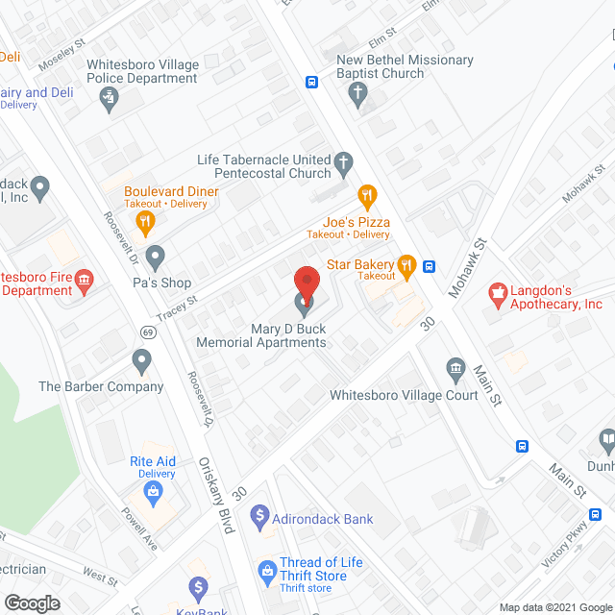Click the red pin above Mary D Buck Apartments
point(306,283)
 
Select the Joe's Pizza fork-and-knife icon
point(366,197)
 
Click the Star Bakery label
point(360,264)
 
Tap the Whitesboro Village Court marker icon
point(455,369)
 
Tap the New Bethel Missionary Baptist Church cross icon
point(357,93)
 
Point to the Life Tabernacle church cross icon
point(343,165)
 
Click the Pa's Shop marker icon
point(155,257)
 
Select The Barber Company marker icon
point(142,362)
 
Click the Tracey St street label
point(178,308)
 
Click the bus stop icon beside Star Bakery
point(430,267)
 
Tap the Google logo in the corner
point(32,603)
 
